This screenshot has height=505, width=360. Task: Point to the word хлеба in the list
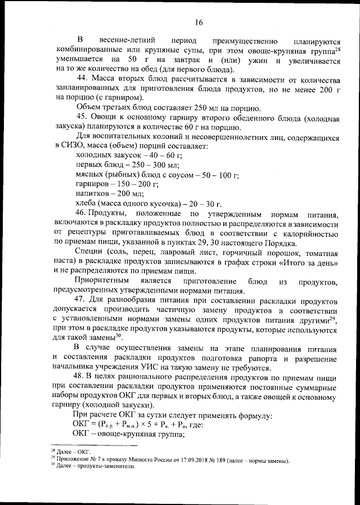pos(86,203)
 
